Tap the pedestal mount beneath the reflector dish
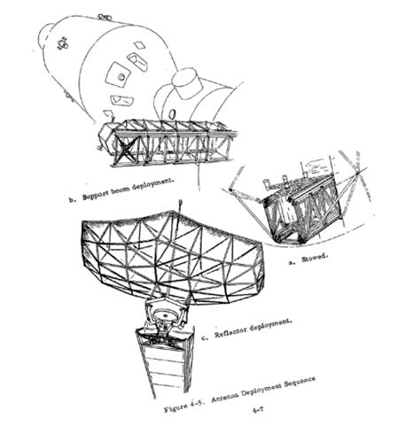click(x=167, y=315)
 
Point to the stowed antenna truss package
click(x=293, y=208)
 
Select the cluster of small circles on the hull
click(x=65, y=41)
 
